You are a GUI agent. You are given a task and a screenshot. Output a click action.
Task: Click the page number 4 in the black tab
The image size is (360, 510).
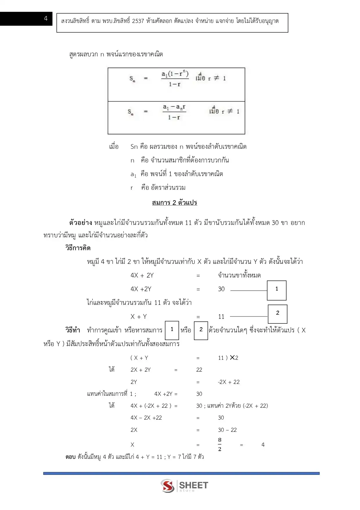pyautogui.click(x=46, y=19)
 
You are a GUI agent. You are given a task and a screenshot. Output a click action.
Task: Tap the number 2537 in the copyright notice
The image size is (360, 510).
pyautogui.click(x=138, y=21)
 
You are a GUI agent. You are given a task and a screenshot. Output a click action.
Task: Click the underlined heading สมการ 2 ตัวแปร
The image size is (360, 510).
pyautogui.click(x=174, y=203)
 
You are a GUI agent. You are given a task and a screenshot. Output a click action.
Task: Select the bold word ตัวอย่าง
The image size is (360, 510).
pyautogui.click(x=80, y=223)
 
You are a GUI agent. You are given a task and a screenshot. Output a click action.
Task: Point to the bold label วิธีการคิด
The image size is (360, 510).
pyautogui.click(x=78, y=248)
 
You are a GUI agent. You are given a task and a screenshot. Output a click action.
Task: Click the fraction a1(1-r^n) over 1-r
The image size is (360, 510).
pyautogui.click(x=175, y=78)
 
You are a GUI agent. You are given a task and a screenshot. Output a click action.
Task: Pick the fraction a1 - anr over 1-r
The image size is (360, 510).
pyautogui.click(x=174, y=112)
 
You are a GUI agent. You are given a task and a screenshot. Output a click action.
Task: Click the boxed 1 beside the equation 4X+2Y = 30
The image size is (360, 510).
pyautogui.click(x=277, y=290)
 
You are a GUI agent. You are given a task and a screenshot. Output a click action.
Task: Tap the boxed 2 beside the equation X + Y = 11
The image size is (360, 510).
pyautogui.click(x=278, y=314)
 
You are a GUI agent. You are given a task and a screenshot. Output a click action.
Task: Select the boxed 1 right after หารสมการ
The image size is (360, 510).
pyautogui.click(x=172, y=330)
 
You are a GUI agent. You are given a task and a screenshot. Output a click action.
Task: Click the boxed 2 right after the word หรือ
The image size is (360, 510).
pyautogui.click(x=201, y=330)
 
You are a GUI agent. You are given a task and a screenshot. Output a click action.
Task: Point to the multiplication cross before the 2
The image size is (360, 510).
pyautogui.click(x=232, y=357)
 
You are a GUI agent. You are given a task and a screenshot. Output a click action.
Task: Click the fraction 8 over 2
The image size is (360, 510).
pyautogui.click(x=220, y=444)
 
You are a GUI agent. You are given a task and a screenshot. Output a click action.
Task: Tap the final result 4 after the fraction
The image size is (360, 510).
pyautogui.click(x=263, y=445)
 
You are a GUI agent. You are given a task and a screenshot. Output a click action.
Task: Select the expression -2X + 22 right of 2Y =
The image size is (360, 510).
pyautogui.click(x=229, y=382)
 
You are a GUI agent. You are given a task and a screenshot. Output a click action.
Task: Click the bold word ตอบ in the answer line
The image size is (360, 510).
pyautogui.click(x=71, y=457)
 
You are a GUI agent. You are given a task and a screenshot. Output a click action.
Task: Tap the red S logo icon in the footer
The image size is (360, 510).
pyautogui.click(x=168, y=486)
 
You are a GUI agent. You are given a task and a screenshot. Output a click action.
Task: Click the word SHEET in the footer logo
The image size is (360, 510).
pyautogui.click(x=193, y=485)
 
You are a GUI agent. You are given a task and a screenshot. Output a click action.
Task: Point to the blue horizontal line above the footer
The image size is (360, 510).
pyautogui.click(x=181, y=473)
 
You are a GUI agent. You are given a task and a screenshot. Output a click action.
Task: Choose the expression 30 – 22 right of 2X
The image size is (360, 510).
pyautogui.click(x=227, y=430)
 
